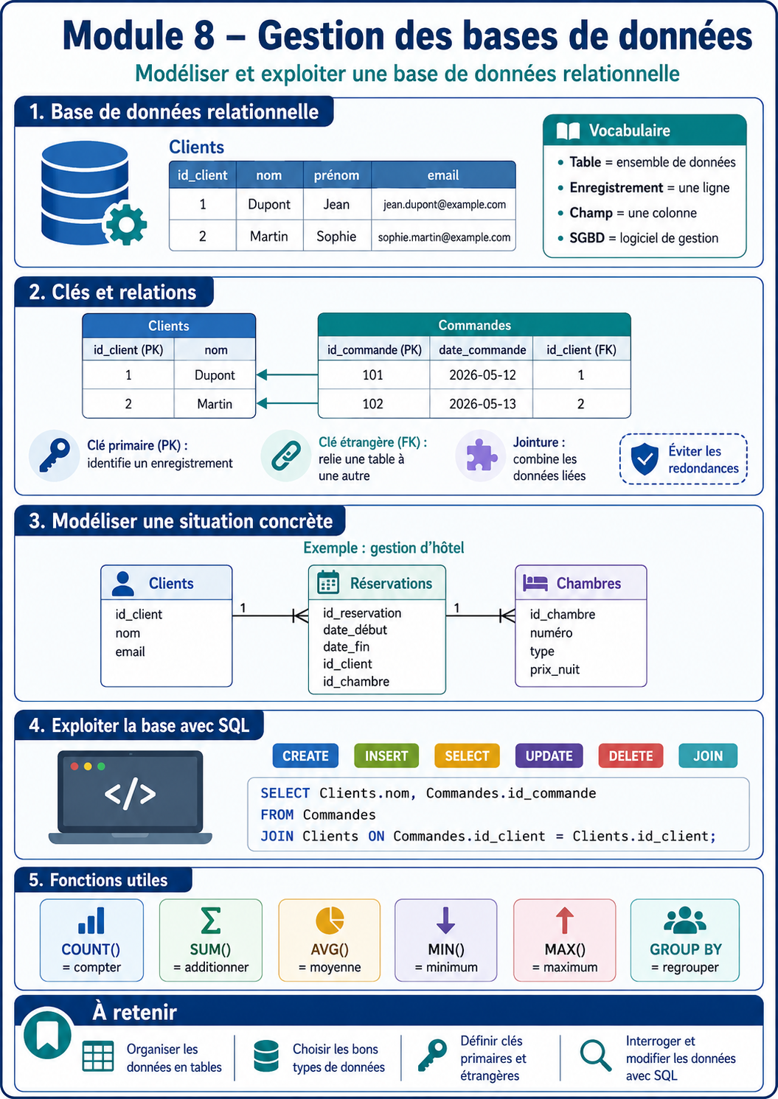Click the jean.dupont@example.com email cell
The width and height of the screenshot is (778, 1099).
point(444,204)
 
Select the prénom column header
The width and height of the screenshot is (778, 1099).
point(337,175)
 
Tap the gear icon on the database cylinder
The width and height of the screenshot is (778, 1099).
point(126,224)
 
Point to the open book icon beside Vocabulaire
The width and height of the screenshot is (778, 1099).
point(568,131)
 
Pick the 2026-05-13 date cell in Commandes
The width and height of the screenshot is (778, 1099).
point(482,404)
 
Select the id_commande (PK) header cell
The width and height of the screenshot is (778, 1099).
point(374,350)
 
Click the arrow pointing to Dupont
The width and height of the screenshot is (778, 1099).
point(287,375)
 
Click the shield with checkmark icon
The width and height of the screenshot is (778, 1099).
point(644,458)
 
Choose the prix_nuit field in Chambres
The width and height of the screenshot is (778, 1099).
point(555,670)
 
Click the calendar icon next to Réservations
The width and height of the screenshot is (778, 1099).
point(328,582)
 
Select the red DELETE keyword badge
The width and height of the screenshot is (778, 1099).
point(631,756)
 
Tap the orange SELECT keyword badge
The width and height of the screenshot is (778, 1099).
point(467,756)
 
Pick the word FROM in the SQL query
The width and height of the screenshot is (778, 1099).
point(277,815)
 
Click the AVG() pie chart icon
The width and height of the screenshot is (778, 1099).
point(330,919)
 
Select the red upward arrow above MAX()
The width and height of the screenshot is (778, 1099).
point(564,920)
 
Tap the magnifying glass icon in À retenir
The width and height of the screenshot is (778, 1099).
point(595,1055)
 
